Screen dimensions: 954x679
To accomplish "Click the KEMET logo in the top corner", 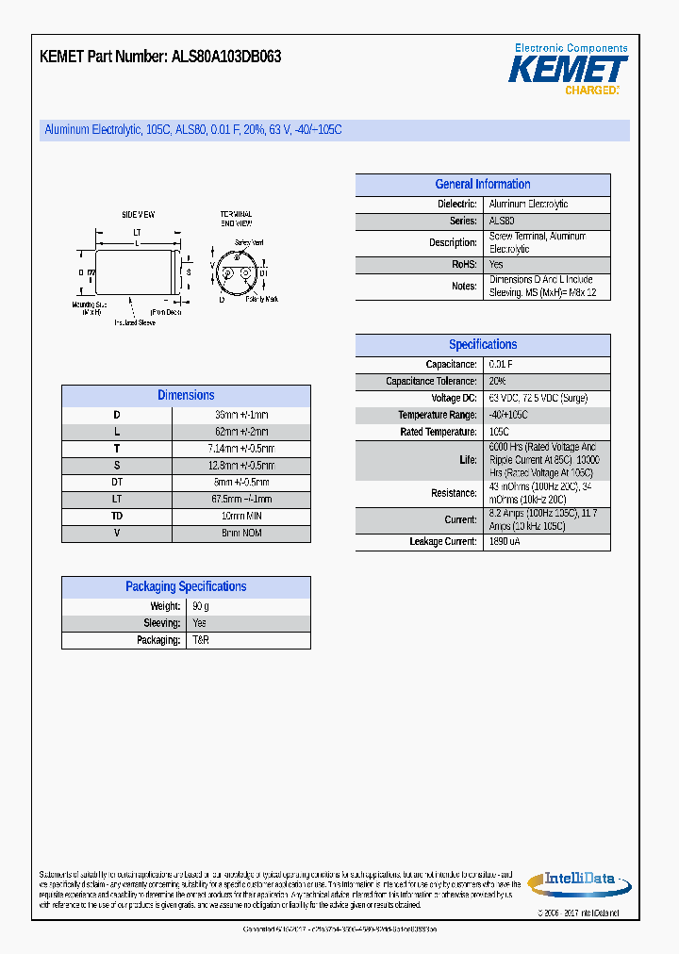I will [x=568, y=69].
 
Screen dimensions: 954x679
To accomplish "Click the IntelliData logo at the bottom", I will [x=578, y=881].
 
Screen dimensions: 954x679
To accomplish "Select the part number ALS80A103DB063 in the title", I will [x=225, y=57].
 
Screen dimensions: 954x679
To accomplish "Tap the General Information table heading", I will [x=482, y=185].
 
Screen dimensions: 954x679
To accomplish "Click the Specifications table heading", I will [x=482, y=345].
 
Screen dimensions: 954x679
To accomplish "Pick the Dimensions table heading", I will [x=186, y=396].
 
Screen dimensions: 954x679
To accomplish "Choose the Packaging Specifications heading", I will [x=186, y=586].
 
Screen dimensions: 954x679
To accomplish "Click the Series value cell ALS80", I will [x=502, y=221].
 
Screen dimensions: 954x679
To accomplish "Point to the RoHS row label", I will [x=464, y=265].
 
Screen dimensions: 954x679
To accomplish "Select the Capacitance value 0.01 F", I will [x=500, y=364].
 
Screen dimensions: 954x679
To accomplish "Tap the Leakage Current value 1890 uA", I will [x=505, y=542].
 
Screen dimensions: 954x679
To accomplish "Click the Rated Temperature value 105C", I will [x=500, y=432].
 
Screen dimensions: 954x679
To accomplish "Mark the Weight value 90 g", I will [x=201, y=606].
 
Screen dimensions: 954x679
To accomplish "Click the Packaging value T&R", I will [x=201, y=640].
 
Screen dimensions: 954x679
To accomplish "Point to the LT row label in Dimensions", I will [x=117, y=500].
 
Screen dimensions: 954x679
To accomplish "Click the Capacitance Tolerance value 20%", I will [x=497, y=381].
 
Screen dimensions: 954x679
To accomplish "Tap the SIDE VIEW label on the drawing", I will [x=139, y=215].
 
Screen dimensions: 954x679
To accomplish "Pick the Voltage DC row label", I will [x=454, y=398].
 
